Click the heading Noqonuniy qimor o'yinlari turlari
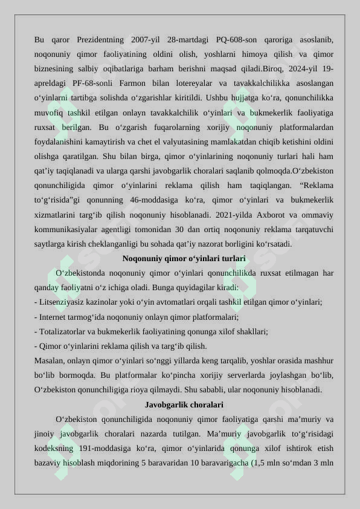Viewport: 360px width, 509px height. [184, 259]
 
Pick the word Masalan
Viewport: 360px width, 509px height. [49, 361]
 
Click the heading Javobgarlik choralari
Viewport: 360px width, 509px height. [184, 404]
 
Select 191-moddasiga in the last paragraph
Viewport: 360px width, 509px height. [98, 449]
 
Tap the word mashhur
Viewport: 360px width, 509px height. [317, 361]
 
